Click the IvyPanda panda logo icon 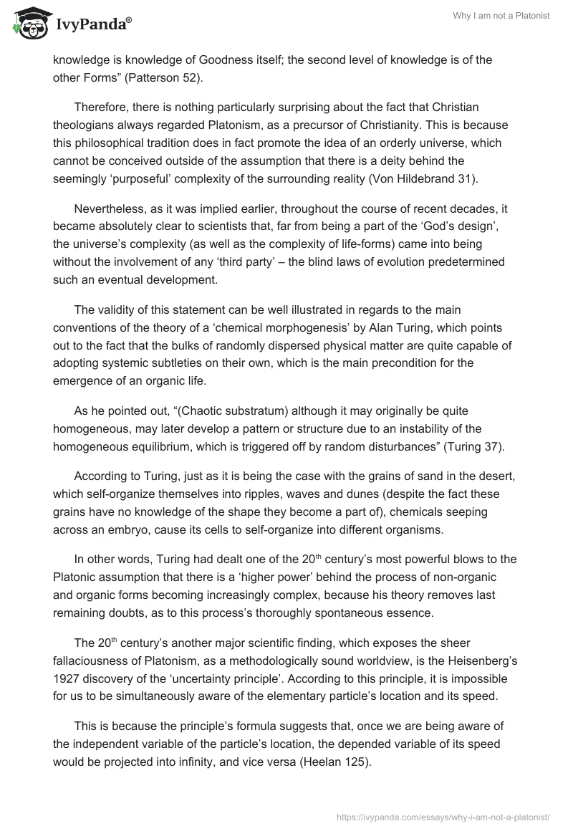(28, 21)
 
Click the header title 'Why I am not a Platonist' (502, 16)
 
